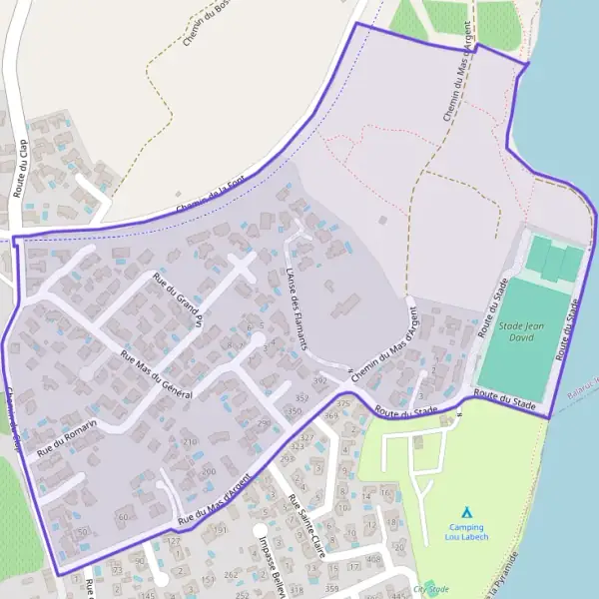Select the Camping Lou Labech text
coord(465,532)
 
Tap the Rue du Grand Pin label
coord(177,297)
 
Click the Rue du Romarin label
coord(67,438)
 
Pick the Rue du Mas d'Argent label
coord(212,503)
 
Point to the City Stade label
coord(431,589)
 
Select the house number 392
coord(319,381)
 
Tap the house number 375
coord(343,403)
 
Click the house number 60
coord(123,516)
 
